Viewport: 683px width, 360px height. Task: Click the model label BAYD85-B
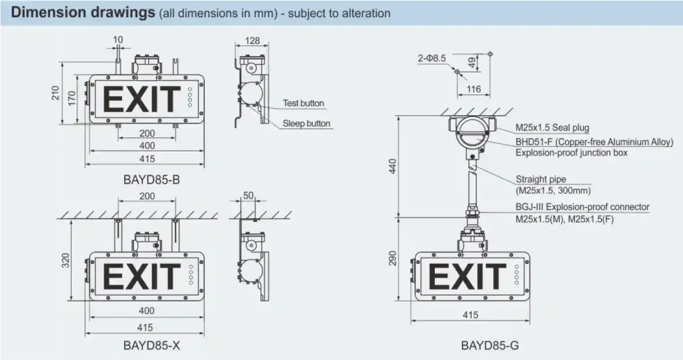click(151, 179)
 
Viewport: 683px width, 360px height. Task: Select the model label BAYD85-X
click(151, 346)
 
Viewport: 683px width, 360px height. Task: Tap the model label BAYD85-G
click(489, 346)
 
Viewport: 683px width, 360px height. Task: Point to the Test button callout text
click(303, 103)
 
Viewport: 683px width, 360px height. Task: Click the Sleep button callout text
click(306, 123)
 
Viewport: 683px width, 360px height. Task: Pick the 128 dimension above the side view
click(252, 41)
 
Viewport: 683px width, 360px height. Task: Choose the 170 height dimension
click(71, 99)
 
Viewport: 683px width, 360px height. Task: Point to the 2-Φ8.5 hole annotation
click(432, 59)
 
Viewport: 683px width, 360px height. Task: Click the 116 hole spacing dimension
click(474, 89)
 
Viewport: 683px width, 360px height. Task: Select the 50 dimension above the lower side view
click(248, 196)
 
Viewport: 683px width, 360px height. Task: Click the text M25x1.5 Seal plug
click(552, 128)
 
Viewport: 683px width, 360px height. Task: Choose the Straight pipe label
click(541, 179)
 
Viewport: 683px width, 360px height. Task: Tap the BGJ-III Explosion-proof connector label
click(582, 207)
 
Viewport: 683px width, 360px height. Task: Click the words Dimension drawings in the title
click(85, 13)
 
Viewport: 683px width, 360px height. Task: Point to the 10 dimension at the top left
click(118, 41)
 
